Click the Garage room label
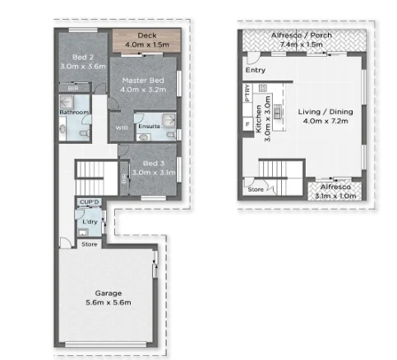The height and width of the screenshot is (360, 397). click(x=107, y=293)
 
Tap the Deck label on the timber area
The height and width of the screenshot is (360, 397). click(x=148, y=35)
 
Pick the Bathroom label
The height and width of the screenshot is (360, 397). click(x=74, y=112)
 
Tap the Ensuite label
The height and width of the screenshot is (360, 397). click(x=149, y=126)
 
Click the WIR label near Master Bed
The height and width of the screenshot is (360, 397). click(x=122, y=128)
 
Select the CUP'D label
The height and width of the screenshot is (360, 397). click(x=88, y=201)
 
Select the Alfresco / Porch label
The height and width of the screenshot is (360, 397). click(x=301, y=35)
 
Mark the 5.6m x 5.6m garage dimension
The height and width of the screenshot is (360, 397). click(x=107, y=302)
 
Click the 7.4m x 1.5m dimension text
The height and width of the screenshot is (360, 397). click(x=301, y=44)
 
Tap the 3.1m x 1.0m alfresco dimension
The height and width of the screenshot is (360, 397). click(x=333, y=196)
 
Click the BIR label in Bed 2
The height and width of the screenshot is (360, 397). click(x=72, y=87)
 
